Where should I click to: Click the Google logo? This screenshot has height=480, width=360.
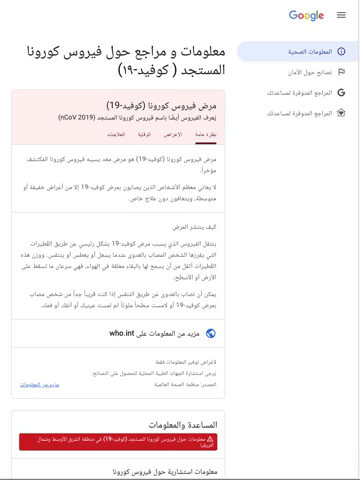point(306,15)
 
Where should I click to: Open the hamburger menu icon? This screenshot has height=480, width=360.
point(341,15)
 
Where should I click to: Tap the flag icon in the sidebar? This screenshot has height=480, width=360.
point(341,72)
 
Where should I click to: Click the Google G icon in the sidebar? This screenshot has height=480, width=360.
point(341,92)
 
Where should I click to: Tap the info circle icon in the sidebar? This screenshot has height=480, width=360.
point(341,51)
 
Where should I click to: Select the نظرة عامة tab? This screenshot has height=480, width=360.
point(206,134)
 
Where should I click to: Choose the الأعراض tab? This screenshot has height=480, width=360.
point(173,134)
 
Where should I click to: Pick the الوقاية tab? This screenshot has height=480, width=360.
point(145,134)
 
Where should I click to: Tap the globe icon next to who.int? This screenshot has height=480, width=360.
point(210,334)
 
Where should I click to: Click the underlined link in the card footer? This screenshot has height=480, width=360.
point(40,384)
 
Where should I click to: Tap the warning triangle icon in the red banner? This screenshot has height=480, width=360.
point(210,439)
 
